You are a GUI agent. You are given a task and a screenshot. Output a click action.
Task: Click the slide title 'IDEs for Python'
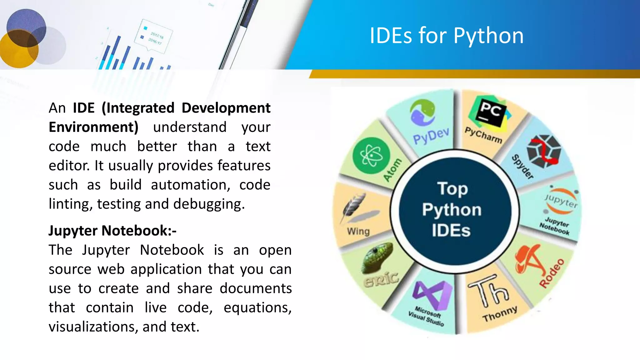point(447,36)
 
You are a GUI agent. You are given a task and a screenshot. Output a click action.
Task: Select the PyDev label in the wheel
point(431,136)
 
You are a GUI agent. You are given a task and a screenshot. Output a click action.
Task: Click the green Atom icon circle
point(371,156)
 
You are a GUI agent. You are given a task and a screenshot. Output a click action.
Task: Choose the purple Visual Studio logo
point(432,294)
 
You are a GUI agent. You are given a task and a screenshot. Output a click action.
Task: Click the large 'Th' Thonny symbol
point(489,291)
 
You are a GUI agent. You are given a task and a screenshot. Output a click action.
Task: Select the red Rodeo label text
point(552,273)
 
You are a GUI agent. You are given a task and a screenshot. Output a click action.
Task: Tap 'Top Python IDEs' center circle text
point(452,209)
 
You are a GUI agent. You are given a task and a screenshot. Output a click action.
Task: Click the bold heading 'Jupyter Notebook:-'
point(112,231)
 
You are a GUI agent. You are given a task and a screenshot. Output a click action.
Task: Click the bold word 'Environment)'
point(93,127)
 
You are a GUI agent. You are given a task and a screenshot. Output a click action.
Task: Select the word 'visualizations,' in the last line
point(93,327)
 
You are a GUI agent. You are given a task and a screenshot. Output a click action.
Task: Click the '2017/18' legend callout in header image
point(156,35)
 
